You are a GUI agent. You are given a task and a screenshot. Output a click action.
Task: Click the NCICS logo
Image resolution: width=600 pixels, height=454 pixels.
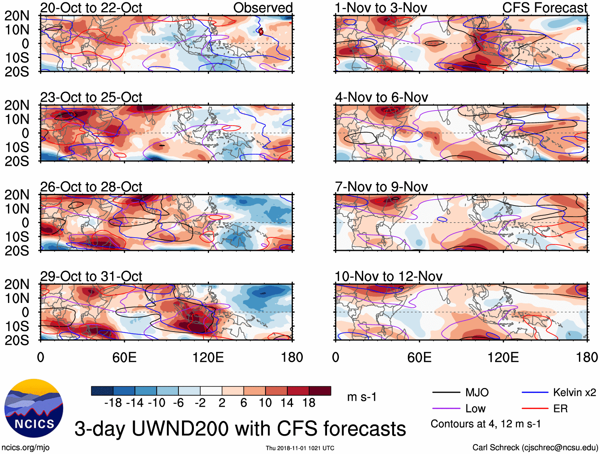point(34,408)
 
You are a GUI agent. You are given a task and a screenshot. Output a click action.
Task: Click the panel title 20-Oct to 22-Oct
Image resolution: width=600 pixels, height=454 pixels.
point(91,8)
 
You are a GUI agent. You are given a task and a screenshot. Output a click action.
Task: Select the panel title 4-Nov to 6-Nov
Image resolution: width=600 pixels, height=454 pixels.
point(381,97)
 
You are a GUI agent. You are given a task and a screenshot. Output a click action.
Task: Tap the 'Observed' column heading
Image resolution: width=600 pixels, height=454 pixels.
point(263,8)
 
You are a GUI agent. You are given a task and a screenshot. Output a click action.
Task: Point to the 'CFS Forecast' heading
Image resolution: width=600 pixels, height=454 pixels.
point(545,8)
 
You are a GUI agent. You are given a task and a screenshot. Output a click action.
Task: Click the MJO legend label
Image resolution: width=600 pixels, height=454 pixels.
point(477,393)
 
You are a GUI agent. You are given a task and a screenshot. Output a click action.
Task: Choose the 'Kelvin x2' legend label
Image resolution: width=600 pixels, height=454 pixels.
point(574,393)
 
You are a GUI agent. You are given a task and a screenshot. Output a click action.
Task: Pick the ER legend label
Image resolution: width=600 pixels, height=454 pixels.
point(560,409)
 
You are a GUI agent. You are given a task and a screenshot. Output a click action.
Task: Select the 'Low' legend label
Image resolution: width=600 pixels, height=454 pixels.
point(475,409)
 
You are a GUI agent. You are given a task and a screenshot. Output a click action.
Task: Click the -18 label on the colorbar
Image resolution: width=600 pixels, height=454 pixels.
point(113,403)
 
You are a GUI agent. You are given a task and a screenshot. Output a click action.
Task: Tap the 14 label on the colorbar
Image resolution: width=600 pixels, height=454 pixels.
point(287,403)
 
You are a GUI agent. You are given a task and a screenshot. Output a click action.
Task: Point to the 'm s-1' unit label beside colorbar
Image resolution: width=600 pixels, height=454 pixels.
point(362,397)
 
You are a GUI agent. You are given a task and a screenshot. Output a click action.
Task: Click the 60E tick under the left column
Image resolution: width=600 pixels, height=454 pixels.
point(124,357)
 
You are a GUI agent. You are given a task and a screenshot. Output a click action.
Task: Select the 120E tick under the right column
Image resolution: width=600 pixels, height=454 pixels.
point(503,357)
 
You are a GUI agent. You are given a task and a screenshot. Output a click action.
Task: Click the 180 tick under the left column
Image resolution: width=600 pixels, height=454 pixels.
point(292,357)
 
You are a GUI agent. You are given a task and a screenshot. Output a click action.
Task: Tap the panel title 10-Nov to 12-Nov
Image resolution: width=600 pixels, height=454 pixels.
point(388,276)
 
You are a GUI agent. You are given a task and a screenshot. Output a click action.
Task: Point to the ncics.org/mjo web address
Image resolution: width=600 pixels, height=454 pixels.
point(25,448)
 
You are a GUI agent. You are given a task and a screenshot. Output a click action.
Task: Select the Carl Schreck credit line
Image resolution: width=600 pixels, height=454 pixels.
point(535,448)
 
